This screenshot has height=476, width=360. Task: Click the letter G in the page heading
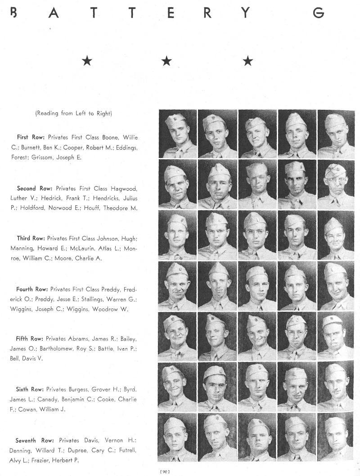(318, 13)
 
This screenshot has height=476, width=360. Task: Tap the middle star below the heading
(166, 61)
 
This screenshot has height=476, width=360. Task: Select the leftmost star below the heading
(87, 61)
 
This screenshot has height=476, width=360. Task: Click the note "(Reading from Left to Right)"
(73, 113)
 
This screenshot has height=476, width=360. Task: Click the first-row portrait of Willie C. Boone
(177, 134)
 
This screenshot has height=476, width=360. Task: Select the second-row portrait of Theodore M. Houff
(336, 184)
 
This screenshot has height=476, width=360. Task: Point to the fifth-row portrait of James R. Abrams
(177, 336)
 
